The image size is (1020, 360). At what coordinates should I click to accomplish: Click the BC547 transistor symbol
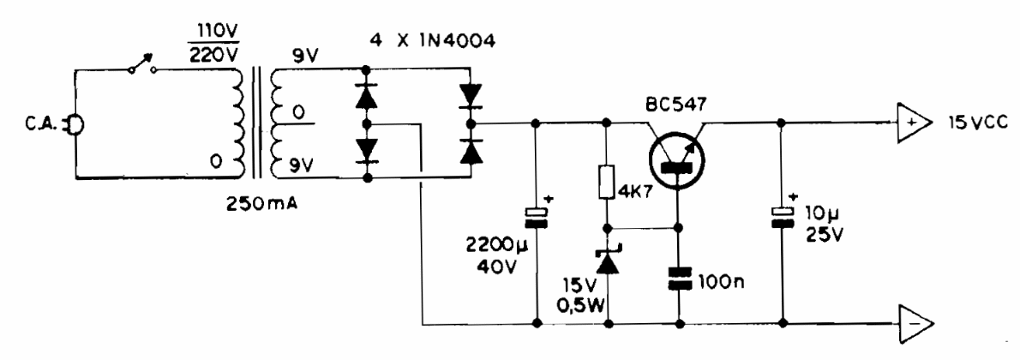(676, 156)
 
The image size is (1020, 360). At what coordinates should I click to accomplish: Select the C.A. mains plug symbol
(75, 126)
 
